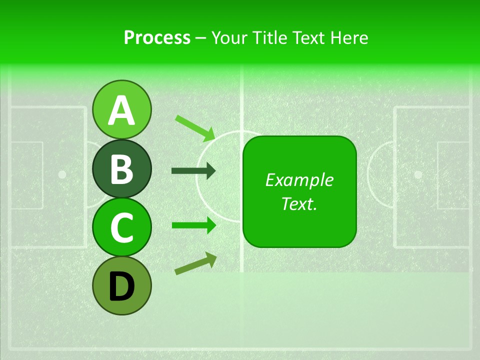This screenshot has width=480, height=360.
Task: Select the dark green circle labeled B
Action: click(121, 168)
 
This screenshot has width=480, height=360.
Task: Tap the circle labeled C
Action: click(121, 227)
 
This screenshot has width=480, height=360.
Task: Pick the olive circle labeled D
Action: click(121, 286)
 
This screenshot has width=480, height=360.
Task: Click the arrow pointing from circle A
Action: click(195, 127)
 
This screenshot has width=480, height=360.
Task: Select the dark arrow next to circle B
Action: click(193, 171)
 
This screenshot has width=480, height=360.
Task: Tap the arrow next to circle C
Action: click(193, 225)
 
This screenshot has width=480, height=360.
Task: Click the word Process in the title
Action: click(157, 37)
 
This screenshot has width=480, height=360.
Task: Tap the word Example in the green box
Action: click(299, 180)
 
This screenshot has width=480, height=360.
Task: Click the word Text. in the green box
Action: click(299, 203)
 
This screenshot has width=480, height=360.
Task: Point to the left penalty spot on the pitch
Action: click(62, 174)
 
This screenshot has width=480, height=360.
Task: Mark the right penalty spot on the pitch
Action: click(418, 174)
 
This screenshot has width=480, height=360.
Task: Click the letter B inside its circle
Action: click(121, 169)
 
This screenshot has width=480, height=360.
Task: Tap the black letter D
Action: click(121, 287)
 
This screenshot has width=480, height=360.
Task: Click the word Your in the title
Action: click(229, 37)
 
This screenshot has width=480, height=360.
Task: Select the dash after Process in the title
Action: click(200, 38)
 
